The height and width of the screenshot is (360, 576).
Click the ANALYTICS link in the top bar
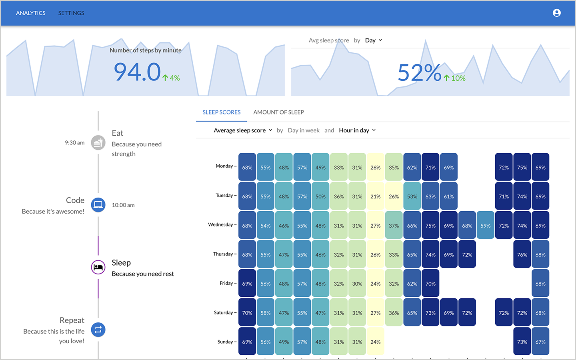pos(31,13)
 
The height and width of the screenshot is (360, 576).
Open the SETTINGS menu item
pos(71,13)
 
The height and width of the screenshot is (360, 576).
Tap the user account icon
pos(556,13)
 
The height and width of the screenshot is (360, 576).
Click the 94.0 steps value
pos(137,72)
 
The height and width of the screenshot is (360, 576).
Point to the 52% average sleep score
pos(419,73)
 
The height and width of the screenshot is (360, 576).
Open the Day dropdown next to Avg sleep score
pos(374,40)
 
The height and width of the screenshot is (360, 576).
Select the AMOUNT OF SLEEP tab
pos(278,112)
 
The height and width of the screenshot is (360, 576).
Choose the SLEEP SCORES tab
pos(221,112)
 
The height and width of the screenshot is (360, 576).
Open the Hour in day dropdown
pos(357,130)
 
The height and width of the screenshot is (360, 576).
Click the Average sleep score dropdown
pos(243,130)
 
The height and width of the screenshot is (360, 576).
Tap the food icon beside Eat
pos(98,143)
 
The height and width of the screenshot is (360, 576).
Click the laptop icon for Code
pos(98,205)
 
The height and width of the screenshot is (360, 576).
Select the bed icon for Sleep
pos(98,267)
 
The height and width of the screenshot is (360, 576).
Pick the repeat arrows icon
pos(98,330)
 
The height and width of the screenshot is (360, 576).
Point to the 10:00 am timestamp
pos(123,205)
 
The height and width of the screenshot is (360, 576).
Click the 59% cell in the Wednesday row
pos(485,226)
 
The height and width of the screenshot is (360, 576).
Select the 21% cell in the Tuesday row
pos(375,196)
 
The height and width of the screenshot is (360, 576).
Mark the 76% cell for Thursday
pos(522,254)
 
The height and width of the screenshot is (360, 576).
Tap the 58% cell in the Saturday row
pos(266,313)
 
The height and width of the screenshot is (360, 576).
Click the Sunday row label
pos(225,342)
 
